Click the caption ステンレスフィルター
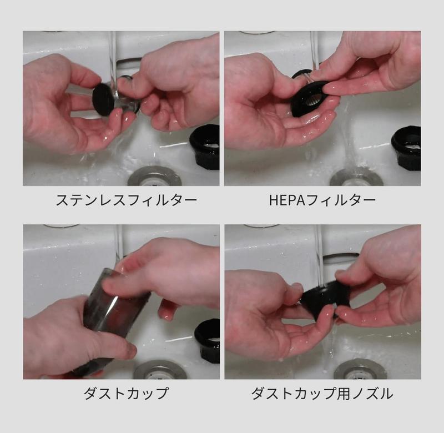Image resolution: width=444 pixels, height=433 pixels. [127, 200]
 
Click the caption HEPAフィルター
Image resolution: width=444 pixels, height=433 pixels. [322, 200]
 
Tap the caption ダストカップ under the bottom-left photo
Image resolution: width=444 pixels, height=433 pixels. [126, 394]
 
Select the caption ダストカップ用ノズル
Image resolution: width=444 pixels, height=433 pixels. [322, 394]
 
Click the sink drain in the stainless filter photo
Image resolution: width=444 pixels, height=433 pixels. [155, 177]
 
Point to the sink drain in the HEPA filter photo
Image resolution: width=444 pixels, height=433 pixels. [356, 177]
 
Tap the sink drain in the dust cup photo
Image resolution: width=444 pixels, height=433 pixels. [160, 370]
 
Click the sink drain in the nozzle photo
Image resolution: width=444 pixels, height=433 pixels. [360, 371]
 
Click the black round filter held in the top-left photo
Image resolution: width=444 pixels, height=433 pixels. [103, 100]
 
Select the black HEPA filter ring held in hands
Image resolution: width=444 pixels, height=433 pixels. [311, 99]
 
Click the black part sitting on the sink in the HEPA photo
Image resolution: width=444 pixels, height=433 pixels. [406, 148]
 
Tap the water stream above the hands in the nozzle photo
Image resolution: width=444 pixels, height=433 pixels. [320, 255]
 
